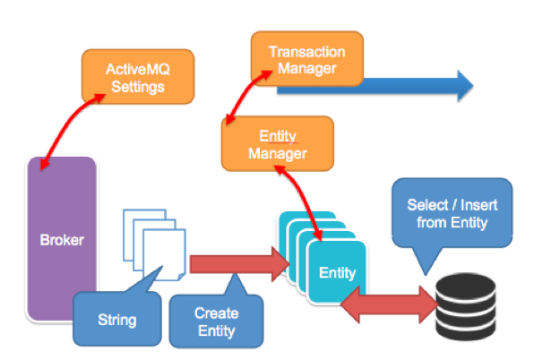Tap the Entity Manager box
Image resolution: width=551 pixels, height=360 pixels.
click(277, 143)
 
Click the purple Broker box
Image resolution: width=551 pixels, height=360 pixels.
click(62, 239)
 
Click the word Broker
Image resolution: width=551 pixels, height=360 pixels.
click(62, 240)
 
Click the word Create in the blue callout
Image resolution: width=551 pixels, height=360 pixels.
click(215, 313)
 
